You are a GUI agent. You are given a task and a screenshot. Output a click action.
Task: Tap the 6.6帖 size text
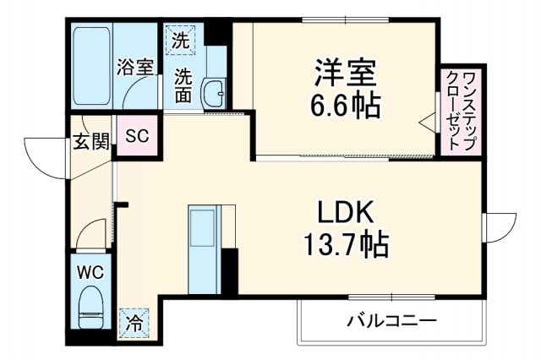pyautogui.click(x=345, y=105)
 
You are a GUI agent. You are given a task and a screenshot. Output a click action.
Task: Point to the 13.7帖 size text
pyautogui.click(x=346, y=245)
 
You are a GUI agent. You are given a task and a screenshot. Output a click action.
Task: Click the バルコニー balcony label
pyautogui.click(x=391, y=322)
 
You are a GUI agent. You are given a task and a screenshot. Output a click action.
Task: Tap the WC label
pyautogui.click(x=90, y=273)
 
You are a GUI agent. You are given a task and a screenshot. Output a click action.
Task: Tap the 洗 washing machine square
pyautogui.click(x=180, y=38)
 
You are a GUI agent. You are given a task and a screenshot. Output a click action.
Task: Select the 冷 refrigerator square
pyautogui.click(x=134, y=321)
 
